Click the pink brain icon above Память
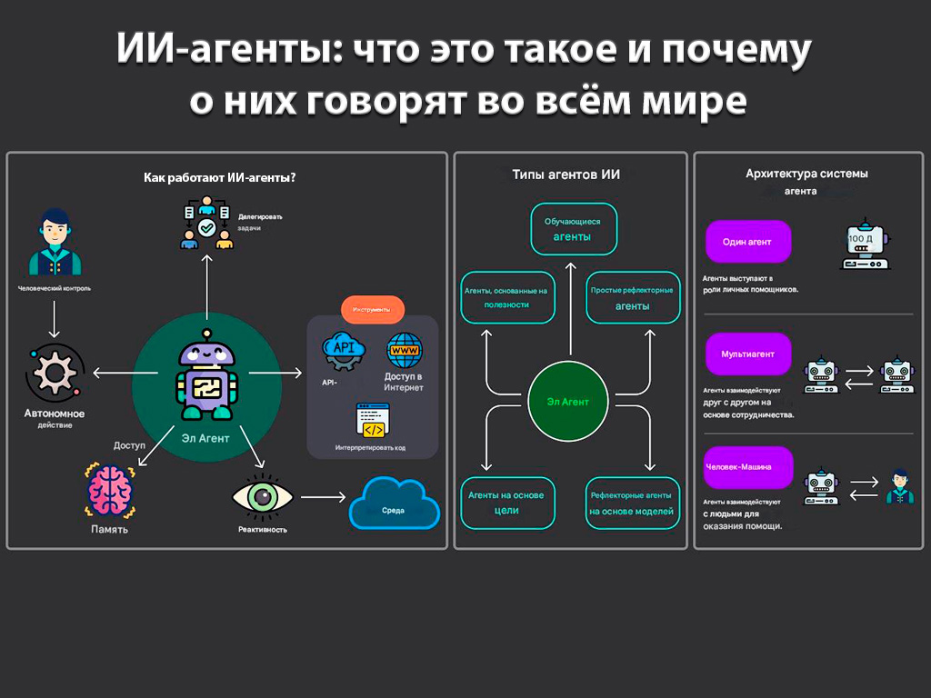point(111,491)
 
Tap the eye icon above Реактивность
point(262,497)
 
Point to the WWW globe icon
point(405,349)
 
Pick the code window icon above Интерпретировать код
point(372,419)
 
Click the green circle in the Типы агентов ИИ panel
point(568,401)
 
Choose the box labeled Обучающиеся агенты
point(574,229)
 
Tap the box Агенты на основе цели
point(506,503)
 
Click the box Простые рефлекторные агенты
point(632,298)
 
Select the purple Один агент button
point(748,242)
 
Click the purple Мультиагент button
point(748,354)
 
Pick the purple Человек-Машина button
point(748,467)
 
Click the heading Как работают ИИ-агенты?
point(220,178)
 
